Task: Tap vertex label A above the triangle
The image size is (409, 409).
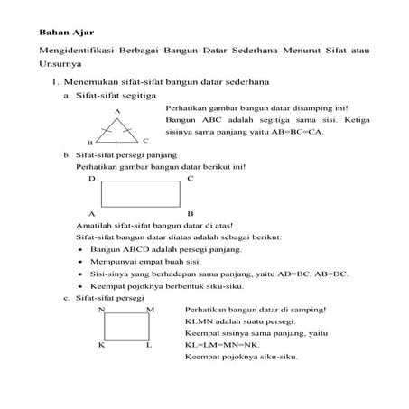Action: (117, 111)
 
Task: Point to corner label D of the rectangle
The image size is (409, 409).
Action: (92, 179)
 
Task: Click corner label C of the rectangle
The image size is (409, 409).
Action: (190, 179)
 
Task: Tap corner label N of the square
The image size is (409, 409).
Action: (102, 309)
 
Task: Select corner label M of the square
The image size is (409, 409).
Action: (150, 309)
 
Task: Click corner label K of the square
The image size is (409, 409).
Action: (102, 345)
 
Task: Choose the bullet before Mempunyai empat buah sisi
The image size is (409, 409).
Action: (81, 260)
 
